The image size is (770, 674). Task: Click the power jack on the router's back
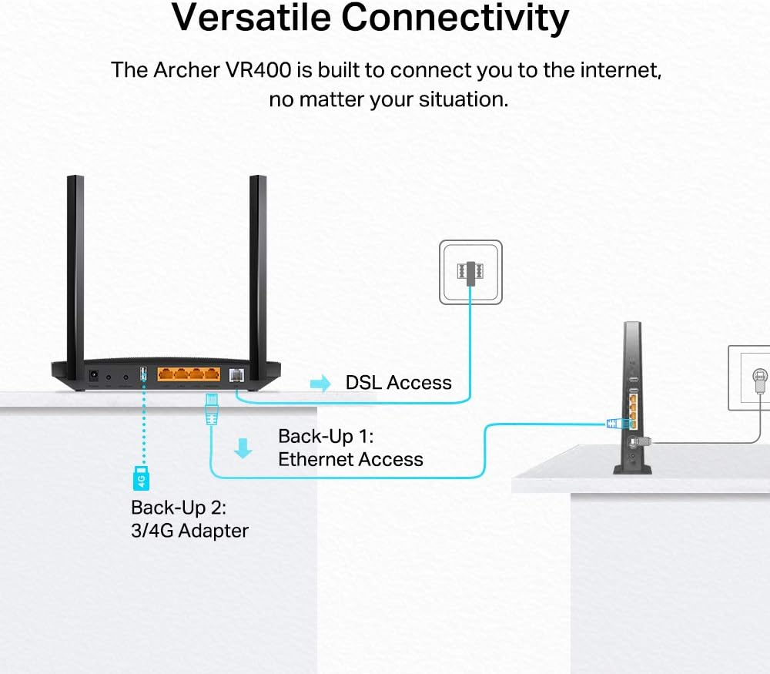click(95, 375)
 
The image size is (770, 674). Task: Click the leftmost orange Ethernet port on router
click(166, 376)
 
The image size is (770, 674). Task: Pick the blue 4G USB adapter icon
click(142, 478)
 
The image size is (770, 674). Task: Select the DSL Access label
click(398, 383)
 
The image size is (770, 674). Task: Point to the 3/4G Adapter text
click(189, 530)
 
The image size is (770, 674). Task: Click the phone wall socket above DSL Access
click(470, 272)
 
